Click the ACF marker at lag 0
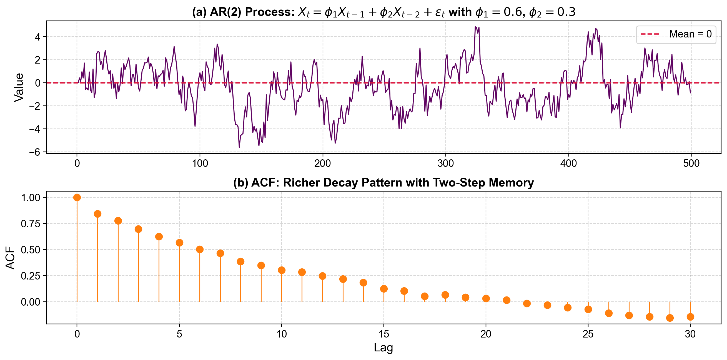pyautogui.click(x=77, y=198)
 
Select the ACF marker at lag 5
pyautogui.click(x=179, y=243)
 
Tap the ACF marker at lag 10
pyautogui.click(x=282, y=270)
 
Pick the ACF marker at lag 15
pyautogui.click(x=384, y=289)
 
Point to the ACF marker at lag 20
pyautogui.click(x=486, y=298)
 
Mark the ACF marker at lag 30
pyautogui.click(x=690, y=317)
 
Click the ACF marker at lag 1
pyautogui.click(x=98, y=214)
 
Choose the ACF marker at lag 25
pyautogui.click(x=588, y=309)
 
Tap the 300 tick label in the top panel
pyautogui.click(x=446, y=163)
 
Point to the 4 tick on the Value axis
pyautogui.click(x=37, y=37)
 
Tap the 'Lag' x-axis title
pyautogui.click(x=383, y=348)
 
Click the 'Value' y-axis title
pyautogui.click(x=19, y=87)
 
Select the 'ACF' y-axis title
pyautogui.click(x=11, y=258)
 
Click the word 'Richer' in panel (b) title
pyautogui.click(x=302, y=183)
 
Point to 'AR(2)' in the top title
pyautogui.click(x=225, y=12)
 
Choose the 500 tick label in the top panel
pyautogui.click(x=691, y=163)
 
